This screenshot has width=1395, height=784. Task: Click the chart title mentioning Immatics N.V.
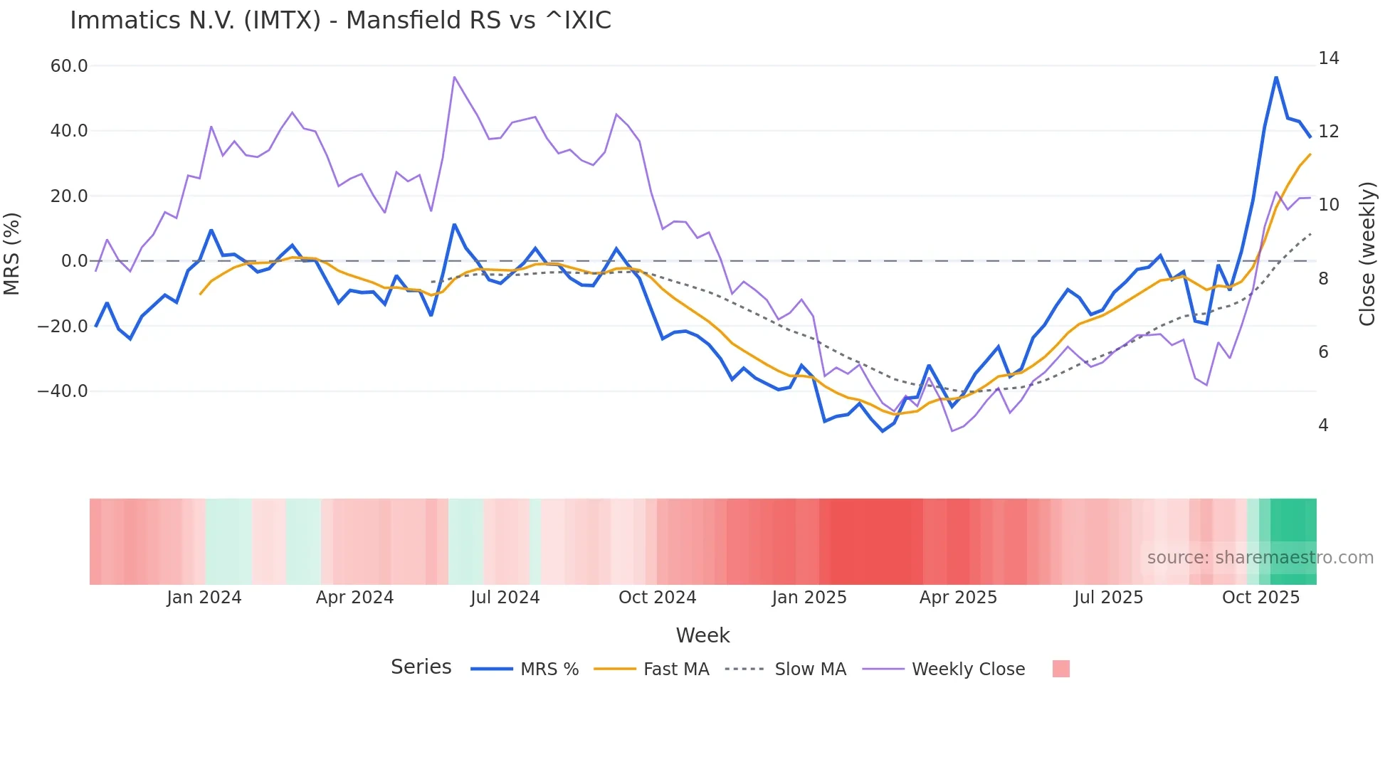coord(340,20)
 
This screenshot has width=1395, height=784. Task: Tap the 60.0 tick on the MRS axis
coord(69,66)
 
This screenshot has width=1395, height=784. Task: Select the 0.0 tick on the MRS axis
coord(74,261)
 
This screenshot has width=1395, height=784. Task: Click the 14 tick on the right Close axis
coord(1328,58)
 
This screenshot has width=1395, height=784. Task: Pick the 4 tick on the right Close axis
coord(1323,425)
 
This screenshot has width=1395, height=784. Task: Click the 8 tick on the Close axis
coord(1323,279)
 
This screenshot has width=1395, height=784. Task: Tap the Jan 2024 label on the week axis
coord(204,598)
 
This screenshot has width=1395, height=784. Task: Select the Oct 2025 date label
coord(1260,598)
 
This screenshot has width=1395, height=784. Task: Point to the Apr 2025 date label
coord(958,598)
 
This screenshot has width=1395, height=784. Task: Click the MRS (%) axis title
coord(12,254)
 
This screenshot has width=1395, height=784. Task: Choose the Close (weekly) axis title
coord(1367,254)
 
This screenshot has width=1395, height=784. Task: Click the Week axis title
coord(702,635)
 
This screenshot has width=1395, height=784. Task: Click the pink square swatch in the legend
coord(1060,669)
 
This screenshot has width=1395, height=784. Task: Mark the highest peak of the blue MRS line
coord(1276,78)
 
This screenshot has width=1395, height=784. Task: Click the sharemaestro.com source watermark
coord(1260,558)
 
